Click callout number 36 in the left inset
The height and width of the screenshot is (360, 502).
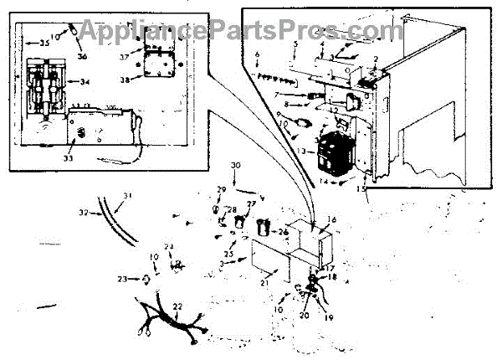point(83,55)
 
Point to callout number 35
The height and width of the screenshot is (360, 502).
point(34,39)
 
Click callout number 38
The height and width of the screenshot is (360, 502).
point(125,81)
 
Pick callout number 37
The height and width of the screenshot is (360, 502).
point(123,57)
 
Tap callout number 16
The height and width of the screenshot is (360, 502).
point(332,219)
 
